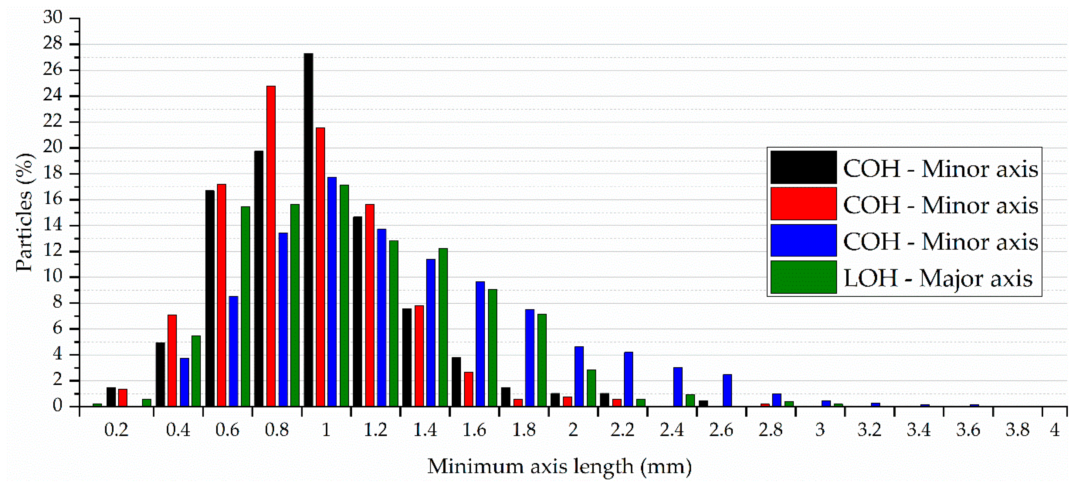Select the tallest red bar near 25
point(271,245)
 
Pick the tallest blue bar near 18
point(332,291)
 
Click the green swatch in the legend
point(803,277)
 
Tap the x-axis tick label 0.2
point(116,430)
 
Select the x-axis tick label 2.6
point(721,430)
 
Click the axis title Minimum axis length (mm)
point(559,466)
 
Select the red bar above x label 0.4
point(172,360)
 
